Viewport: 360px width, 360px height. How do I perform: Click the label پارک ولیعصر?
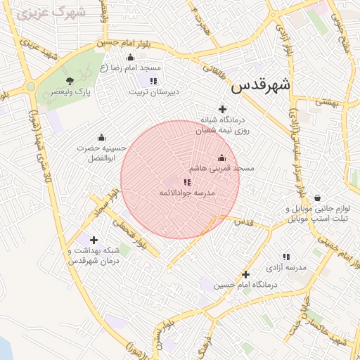click(75, 92)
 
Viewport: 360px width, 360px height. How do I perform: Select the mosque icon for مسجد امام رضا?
click(129, 58)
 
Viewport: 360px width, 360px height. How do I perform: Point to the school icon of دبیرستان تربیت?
click(153, 81)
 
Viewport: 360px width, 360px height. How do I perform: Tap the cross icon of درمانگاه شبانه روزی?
click(223, 109)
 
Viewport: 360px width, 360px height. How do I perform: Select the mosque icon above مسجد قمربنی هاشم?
click(222, 157)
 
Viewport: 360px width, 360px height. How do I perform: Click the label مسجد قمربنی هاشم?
click(221, 169)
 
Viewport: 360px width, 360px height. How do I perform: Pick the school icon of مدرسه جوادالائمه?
click(186, 182)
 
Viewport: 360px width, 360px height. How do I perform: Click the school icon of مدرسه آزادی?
click(285, 257)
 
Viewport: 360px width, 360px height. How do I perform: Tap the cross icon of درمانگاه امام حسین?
click(245, 274)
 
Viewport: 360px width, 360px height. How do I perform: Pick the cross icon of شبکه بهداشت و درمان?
click(94, 240)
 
